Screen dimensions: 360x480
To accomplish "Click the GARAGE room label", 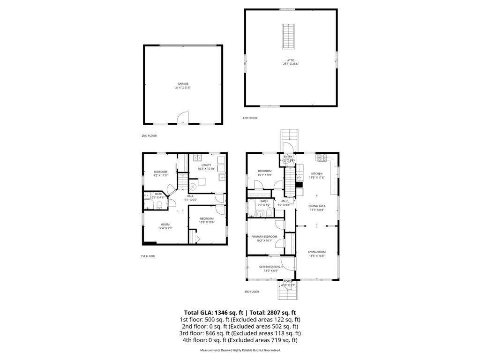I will coord(183,84).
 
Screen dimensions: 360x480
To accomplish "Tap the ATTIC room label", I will coord(291,60).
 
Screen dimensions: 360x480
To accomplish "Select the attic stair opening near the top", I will coord(287,36).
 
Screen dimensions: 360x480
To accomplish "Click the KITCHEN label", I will coord(316,174).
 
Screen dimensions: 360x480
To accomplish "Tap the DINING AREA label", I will coord(317,206).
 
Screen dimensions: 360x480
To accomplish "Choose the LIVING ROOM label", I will coord(317,252).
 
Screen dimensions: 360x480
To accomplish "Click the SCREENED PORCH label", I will coord(271,267).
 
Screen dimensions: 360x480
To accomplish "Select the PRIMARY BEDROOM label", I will coord(264,237).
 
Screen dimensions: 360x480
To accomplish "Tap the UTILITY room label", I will coord(206,165).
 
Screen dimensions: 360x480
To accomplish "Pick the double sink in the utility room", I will coord(198,158).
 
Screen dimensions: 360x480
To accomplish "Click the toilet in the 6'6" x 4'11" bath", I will coord(159,206).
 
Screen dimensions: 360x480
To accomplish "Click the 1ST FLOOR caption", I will coord(148,256).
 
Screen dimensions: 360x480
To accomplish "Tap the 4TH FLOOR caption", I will coord(250,118).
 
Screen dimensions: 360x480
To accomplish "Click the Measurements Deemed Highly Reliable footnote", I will coord(240,351).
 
